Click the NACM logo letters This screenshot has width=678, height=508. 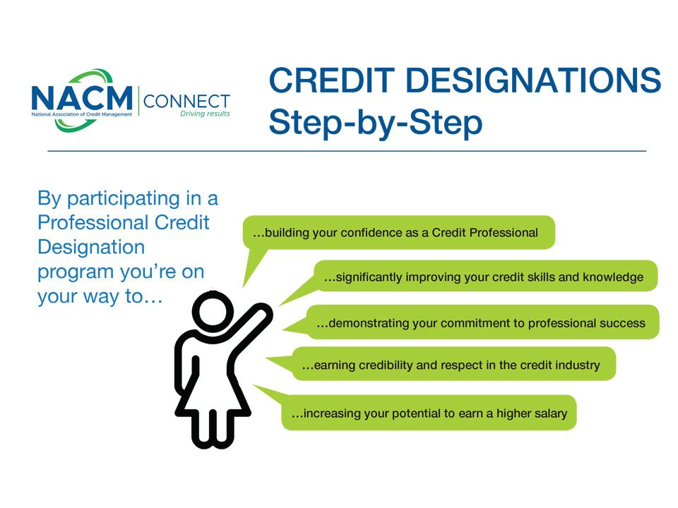[82, 97]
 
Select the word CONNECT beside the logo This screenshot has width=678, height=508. [186, 102]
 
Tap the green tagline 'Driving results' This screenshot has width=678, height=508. [205, 114]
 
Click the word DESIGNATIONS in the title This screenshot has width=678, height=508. [534, 80]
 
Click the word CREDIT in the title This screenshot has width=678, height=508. [332, 80]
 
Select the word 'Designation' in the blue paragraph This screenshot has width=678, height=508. [91, 248]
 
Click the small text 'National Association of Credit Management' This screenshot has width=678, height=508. [82, 114]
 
